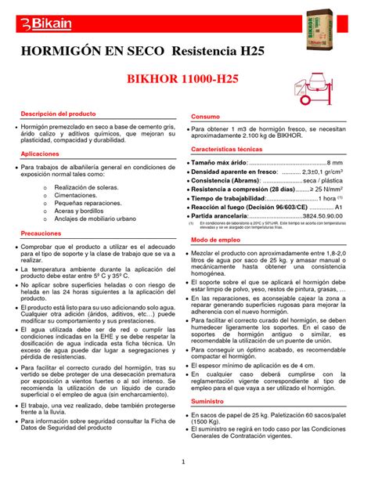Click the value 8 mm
point(334,161)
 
